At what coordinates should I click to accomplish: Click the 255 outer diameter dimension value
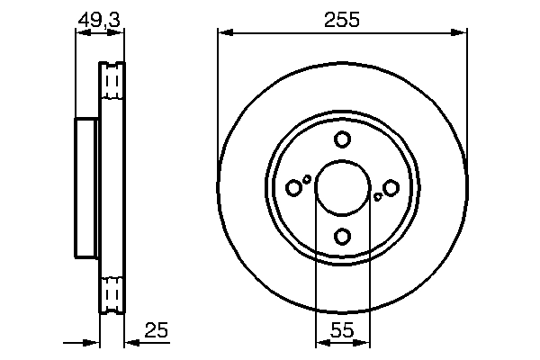point(342,19)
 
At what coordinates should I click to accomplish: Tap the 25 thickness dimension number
point(157,330)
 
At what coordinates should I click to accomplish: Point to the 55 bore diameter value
point(342,330)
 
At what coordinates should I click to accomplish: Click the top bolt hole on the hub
point(342,139)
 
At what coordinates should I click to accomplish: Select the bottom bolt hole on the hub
point(342,236)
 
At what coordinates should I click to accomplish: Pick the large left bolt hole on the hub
point(293,187)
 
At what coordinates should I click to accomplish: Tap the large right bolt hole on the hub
point(391,187)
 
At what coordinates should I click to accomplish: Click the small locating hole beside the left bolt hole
point(307,179)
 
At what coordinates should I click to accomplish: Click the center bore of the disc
point(342,187)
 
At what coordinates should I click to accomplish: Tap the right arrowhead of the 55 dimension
point(363,342)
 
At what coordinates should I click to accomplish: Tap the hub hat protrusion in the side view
point(85,187)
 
